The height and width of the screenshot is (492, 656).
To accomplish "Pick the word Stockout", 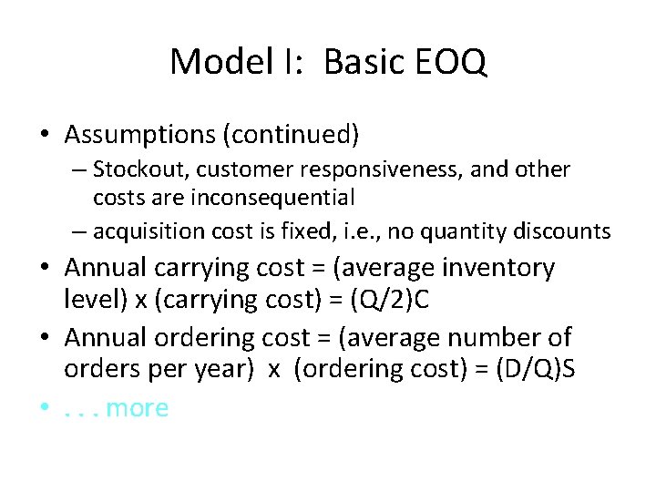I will pyautogui.click(x=134, y=169).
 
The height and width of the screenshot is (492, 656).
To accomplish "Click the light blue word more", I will pyautogui.click(x=138, y=407).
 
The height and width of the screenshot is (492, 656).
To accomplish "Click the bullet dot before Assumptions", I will pyautogui.click(x=45, y=136).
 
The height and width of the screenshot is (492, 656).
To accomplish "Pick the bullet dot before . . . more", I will pyautogui.click(x=45, y=408).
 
